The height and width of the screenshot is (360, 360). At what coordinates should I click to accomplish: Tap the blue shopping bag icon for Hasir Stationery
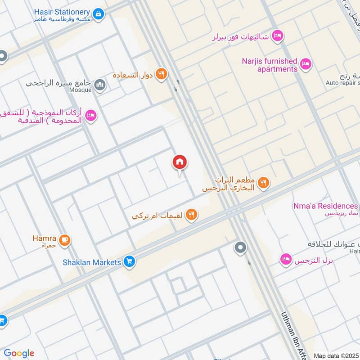coord(99,14)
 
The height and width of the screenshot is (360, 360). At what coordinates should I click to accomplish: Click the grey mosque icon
coord(100,84)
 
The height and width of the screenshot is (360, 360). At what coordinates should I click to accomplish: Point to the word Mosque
coord(80,90)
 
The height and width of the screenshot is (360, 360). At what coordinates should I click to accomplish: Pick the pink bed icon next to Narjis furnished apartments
coord(306,64)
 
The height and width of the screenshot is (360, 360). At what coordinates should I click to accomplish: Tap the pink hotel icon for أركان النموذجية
coord(90,116)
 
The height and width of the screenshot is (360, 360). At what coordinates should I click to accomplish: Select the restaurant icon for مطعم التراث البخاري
coord(264,183)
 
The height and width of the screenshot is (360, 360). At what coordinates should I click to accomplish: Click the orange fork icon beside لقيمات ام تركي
coord(192,215)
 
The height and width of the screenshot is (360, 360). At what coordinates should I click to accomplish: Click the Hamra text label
coord(44,238)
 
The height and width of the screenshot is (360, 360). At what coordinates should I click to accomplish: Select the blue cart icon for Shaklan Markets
coord(130,261)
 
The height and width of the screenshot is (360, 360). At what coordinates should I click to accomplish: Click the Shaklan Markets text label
coord(92,262)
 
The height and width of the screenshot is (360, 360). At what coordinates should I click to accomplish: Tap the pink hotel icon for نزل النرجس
coord(285,260)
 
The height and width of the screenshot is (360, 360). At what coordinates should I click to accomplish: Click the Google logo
coord(19,353)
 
